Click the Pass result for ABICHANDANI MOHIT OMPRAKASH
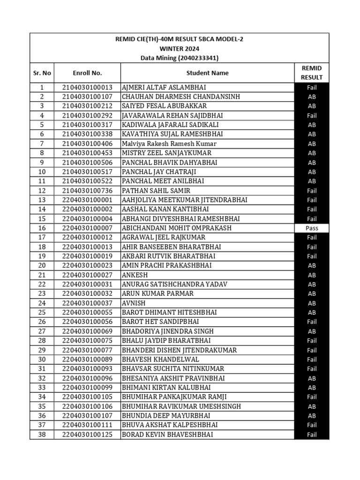pyautogui.click(x=312, y=228)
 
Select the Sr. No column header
pyautogui.click(x=42, y=73)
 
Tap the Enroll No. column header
pyautogui.click(x=87, y=73)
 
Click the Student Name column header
pyautogui.click(x=207, y=73)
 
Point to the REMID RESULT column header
pyautogui.click(x=312, y=73)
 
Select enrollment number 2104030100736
pyautogui.click(x=87, y=191)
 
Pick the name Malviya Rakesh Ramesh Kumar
pyautogui.click(x=163, y=144)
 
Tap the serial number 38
pyautogui.click(x=42, y=435)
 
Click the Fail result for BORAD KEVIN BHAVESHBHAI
pyautogui.click(x=312, y=435)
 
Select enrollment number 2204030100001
pyautogui.click(x=87, y=200)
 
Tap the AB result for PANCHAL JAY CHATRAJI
pyautogui.click(x=312, y=172)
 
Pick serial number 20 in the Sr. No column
pyautogui.click(x=42, y=266)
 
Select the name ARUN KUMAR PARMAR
pyautogui.click(x=157, y=294)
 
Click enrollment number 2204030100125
pyautogui.click(x=87, y=435)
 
